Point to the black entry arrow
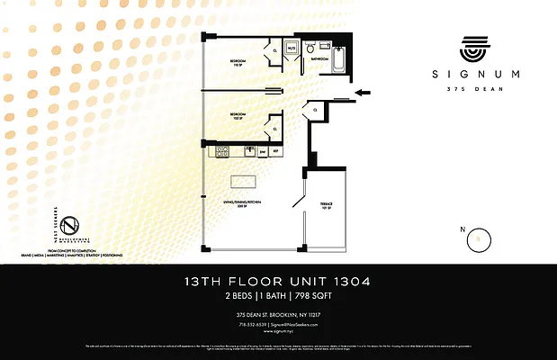coord(364,92)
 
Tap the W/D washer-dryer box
coord(292,49)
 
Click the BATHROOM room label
coord(319,58)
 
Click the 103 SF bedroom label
coord(238,116)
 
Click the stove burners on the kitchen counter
coord(221,152)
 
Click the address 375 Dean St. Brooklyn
coord(278,314)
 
